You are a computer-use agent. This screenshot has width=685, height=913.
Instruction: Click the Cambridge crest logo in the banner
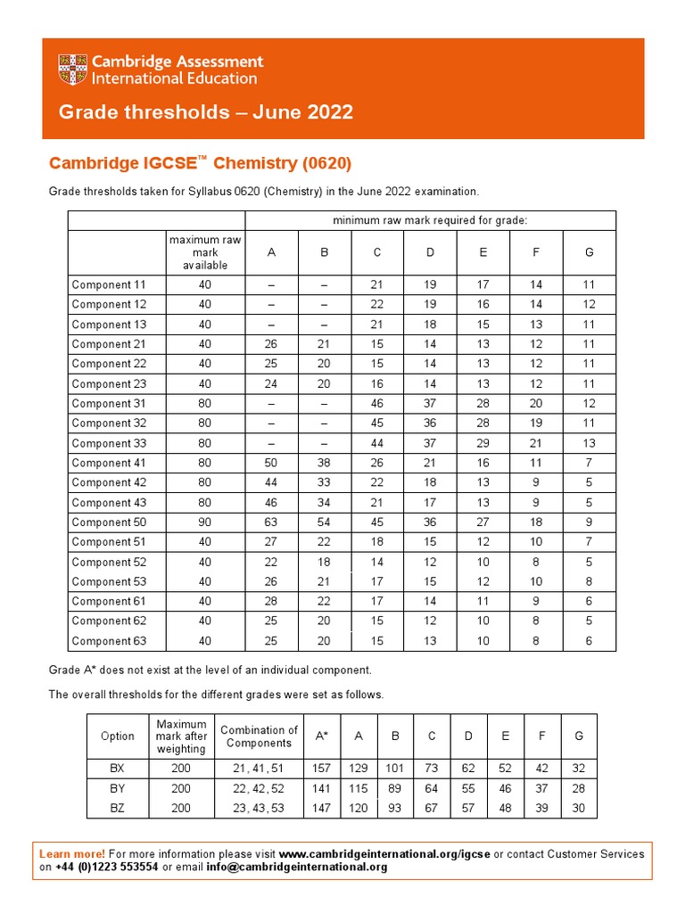pos(73,70)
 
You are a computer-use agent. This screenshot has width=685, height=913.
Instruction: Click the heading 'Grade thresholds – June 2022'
pos(205,112)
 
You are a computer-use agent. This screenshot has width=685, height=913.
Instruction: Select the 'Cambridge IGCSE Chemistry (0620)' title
pos(200,163)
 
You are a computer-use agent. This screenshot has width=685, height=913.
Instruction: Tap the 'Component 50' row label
pos(107,522)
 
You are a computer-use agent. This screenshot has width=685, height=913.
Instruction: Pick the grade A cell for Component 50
pos(271,522)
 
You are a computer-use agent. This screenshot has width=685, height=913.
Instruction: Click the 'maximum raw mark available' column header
pos(205,252)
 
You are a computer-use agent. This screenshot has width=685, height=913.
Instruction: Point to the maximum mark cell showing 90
pos(205,522)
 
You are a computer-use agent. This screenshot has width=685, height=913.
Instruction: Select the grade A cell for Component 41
pos(271,463)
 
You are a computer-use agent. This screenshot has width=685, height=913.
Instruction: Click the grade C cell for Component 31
pos(377,404)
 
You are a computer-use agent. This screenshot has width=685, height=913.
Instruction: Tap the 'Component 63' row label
pos(107,641)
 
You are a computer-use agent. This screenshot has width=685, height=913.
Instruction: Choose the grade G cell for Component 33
pos(589,443)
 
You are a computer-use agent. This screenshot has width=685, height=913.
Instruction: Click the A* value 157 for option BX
pos(321,768)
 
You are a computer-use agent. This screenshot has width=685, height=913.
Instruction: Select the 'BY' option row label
pos(117,788)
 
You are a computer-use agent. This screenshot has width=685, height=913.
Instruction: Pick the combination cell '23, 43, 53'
pos(259,808)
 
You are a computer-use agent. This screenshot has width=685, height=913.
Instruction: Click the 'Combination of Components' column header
pos(259,736)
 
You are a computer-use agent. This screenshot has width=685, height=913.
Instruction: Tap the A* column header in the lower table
pos(321,736)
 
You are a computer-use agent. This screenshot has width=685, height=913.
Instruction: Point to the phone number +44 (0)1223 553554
pos(107,867)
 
